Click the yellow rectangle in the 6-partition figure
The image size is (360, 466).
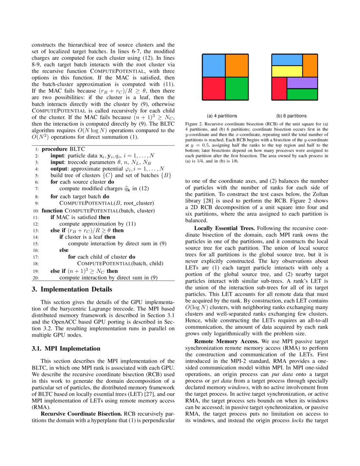(287, 71)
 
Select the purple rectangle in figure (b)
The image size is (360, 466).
(302, 83)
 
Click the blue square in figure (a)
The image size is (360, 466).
(213, 65)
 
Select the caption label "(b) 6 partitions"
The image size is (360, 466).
(291, 116)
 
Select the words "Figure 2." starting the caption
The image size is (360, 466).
(194, 124)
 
